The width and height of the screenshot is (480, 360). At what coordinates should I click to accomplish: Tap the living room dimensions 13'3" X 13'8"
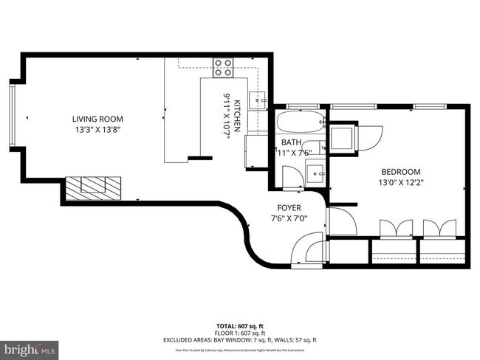point(97,130)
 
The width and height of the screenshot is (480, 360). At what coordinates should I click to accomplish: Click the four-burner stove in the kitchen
point(224,68)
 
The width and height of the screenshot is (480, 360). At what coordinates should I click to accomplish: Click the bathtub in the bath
point(300,122)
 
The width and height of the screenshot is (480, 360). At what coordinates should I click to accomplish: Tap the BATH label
point(290,142)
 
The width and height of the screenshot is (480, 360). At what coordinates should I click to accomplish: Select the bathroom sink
point(316,173)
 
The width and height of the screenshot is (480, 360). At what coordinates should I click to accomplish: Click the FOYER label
point(289,207)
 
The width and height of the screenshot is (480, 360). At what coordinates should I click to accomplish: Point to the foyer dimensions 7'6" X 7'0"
point(289,218)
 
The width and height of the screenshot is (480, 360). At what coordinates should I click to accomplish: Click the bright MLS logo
point(30,347)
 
